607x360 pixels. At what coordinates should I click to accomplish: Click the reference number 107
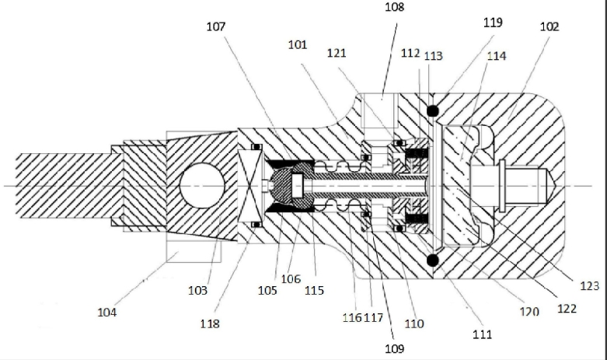216,26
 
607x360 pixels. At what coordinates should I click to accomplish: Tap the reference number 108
395,7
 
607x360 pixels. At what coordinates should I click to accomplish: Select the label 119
493,23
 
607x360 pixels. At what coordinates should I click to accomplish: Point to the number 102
549,26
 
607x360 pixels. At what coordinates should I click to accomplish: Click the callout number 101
298,45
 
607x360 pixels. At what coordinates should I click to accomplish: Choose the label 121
337,53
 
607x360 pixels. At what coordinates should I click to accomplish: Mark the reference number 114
497,56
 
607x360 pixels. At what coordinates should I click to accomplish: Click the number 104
106,312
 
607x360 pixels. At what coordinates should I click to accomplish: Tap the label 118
210,323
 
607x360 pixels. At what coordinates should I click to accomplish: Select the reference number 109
395,349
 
